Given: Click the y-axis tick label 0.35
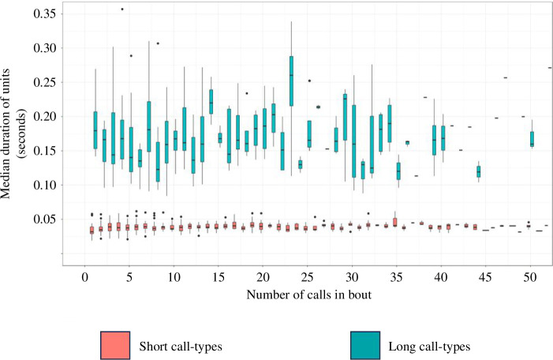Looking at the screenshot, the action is click(45, 13).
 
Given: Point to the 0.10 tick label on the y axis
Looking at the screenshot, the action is click(45, 185).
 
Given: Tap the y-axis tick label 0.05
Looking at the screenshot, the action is click(45, 219).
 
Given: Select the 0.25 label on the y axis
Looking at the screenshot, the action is click(45, 82).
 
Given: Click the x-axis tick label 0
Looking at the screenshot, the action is click(84, 277).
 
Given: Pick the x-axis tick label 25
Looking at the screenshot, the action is click(307, 277).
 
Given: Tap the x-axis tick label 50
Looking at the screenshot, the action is click(530, 277).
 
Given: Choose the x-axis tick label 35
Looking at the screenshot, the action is click(397, 277).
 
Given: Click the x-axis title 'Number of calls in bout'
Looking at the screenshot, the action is click(309, 294).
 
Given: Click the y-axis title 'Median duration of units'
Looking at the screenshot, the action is click(6, 133).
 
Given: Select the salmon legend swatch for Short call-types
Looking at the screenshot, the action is click(115, 345).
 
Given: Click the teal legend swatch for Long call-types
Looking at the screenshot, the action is click(365, 345).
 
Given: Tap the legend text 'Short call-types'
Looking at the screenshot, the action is click(181, 347).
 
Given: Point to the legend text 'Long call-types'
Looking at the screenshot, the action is click(429, 347).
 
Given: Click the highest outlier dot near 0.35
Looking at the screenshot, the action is click(122, 9).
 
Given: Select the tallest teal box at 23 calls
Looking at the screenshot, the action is click(291, 81).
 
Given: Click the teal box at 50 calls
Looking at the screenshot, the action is click(532, 139).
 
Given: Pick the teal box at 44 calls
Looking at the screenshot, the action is click(479, 171).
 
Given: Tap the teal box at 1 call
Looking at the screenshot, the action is click(95, 130).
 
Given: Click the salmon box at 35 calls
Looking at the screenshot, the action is click(395, 223).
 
